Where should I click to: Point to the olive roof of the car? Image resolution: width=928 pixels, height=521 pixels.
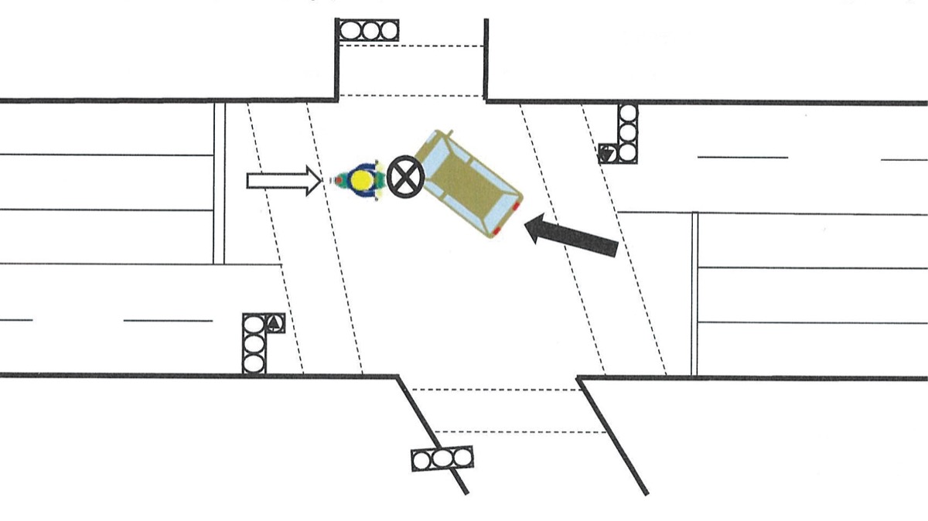pos(463,186)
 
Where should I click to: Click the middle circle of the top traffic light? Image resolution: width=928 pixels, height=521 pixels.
pos(367,31)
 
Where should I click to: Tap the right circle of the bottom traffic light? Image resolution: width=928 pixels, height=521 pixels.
pos(462,458)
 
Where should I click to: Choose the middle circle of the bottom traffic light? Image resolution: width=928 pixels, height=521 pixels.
pos(442,460)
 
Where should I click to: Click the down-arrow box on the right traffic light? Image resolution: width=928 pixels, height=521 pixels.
pos(609,153)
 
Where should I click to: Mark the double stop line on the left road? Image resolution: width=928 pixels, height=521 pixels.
pos(219,182)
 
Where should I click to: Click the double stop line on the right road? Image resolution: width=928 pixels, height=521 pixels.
pos(694,294)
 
